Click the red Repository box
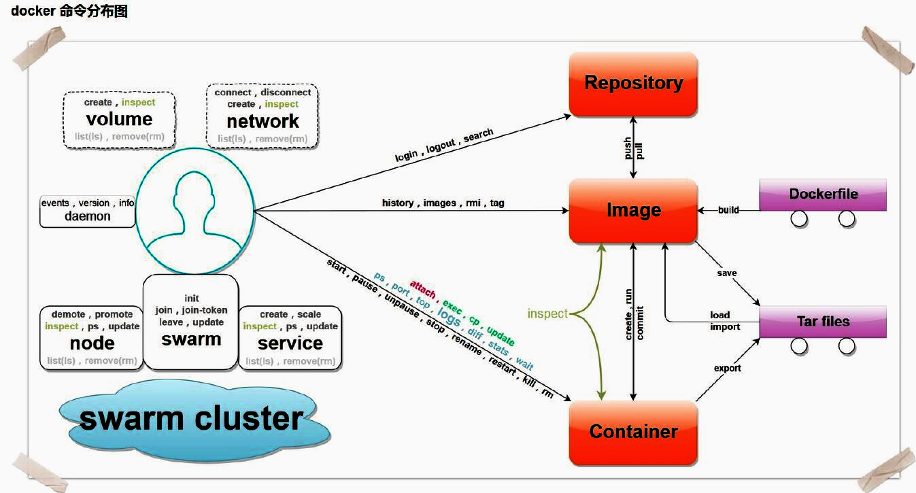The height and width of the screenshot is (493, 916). coord(633,83)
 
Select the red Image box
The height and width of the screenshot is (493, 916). coord(633,210)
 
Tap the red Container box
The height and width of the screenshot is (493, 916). coord(633,431)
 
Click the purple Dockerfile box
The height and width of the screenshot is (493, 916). coord(823,194)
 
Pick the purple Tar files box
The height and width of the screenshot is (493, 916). coord(823,321)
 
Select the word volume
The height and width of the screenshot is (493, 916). coord(119,119)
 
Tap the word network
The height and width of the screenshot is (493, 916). coord(262,121)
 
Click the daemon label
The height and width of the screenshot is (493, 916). coord(88,216)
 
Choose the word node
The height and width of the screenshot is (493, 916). coord(92,343)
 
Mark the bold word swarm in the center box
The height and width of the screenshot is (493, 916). coord(191,339)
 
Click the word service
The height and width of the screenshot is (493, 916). coord(290,343)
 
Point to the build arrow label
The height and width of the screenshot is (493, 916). coord(728,210)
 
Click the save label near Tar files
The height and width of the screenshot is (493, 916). coord(727,273)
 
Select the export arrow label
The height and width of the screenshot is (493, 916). coord(727,369)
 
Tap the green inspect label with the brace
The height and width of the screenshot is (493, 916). coord(547,313)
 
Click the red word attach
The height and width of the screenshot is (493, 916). coord(422,289)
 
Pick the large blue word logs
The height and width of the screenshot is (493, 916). coord(449,315)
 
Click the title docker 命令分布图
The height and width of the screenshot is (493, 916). coord(69,12)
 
